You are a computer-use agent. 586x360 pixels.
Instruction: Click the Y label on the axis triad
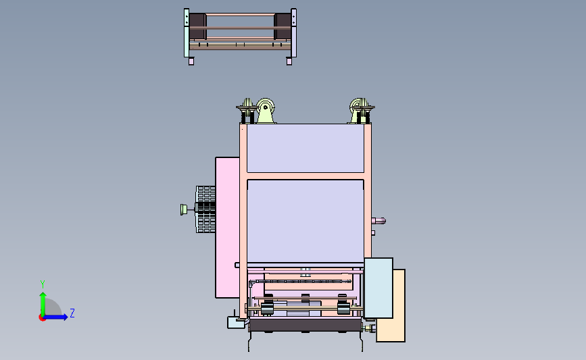click(42, 284)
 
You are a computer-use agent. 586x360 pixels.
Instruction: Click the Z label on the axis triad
click(72, 313)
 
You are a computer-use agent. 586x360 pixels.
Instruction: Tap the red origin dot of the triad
click(42, 318)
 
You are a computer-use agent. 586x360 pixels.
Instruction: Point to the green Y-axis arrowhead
click(43, 296)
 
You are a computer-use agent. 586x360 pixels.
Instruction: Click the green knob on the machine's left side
click(184, 209)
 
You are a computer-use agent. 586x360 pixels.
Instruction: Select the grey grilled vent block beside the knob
click(205, 209)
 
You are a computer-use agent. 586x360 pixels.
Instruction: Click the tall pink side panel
click(227, 228)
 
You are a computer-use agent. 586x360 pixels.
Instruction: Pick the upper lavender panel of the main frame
click(306, 149)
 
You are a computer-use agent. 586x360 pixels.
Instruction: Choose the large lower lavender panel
click(306, 221)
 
